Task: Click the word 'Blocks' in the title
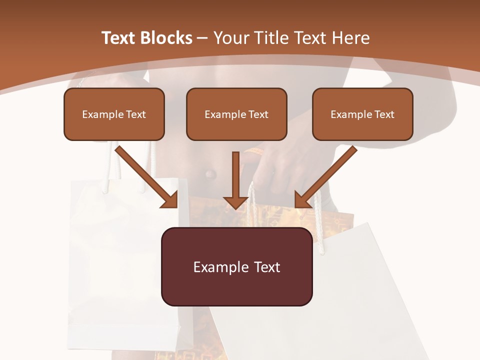[x=167, y=38]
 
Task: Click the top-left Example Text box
[x=114, y=114]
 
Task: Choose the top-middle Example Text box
[x=236, y=114]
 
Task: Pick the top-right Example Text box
[x=362, y=114]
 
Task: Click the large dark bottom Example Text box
[x=236, y=266]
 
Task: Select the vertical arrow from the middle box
[x=235, y=180]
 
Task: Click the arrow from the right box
[x=325, y=177]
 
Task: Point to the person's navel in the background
[x=210, y=174]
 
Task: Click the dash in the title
[x=202, y=38]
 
